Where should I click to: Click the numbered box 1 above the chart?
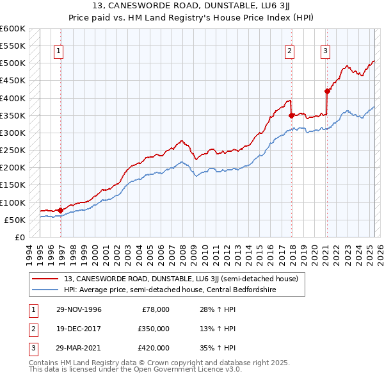(x=58, y=52)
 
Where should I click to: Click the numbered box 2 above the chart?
(x=290, y=52)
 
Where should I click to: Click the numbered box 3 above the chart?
(x=325, y=52)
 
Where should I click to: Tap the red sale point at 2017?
(x=292, y=115)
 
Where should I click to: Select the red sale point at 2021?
(x=327, y=91)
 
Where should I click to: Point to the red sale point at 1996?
(x=60, y=210)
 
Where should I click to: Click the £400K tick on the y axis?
(x=13, y=98)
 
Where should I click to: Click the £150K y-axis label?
(x=13, y=185)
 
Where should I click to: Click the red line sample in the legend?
(x=46, y=279)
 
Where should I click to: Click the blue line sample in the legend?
(x=46, y=290)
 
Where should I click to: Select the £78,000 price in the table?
(x=156, y=309)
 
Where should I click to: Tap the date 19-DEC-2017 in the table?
(x=79, y=329)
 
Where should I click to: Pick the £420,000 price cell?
(x=154, y=348)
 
